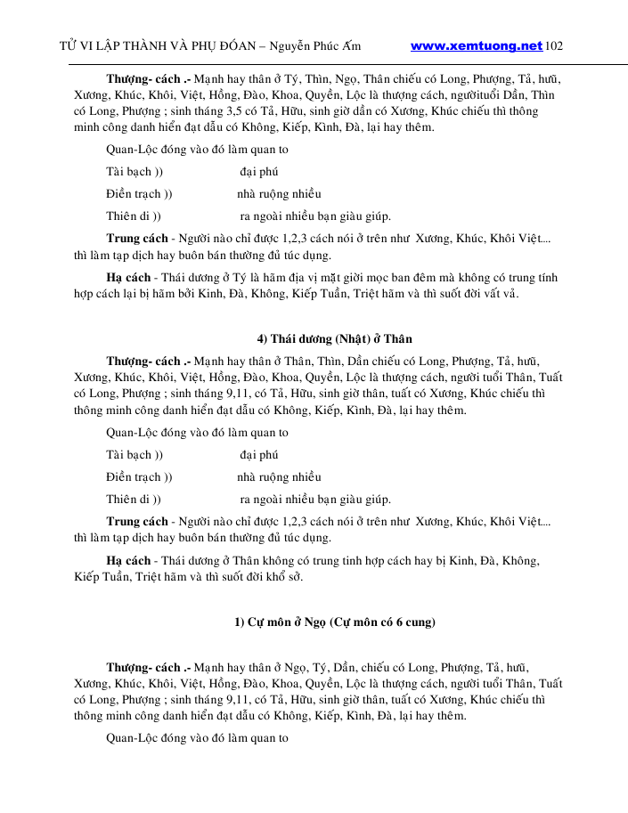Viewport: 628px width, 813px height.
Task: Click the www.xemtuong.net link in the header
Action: coord(477,45)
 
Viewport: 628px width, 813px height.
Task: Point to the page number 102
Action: coord(553,45)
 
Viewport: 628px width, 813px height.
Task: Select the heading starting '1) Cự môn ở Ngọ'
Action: coord(335,622)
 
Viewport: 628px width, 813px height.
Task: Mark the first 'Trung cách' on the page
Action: coord(137,239)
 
